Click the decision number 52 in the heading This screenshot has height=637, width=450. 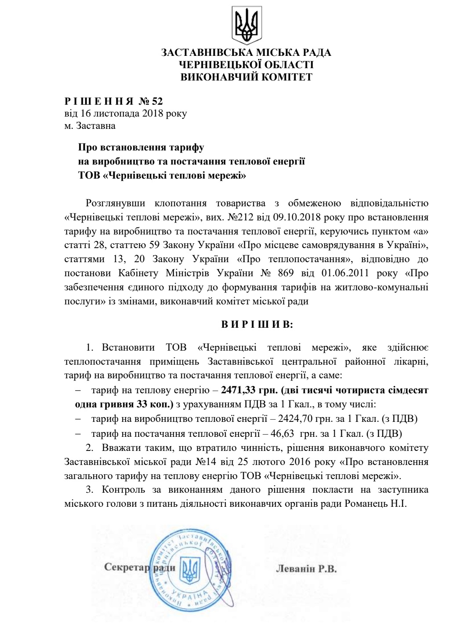(x=157, y=102)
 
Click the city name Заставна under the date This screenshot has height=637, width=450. (x=96, y=126)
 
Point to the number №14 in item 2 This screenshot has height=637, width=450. (x=203, y=462)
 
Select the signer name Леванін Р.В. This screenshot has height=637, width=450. (x=306, y=568)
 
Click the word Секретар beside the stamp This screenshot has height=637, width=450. (x=127, y=567)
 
